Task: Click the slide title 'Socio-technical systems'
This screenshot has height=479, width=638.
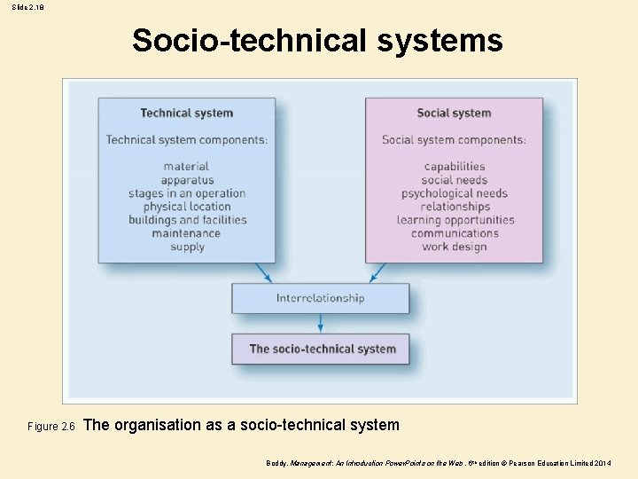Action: click(x=317, y=41)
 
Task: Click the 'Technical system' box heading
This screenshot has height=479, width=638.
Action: click(x=186, y=113)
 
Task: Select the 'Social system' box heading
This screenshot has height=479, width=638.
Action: click(x=454, y=113)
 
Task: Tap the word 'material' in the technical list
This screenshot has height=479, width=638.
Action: click(x=186, y=166)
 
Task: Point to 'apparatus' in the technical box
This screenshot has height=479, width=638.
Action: click(x=187, y=180)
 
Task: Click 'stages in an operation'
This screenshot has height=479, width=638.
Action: click(x=187, y=193)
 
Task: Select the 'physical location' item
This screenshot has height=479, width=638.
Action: click(x=187, y=207)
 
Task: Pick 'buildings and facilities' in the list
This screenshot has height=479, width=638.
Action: click(x=187, y=220)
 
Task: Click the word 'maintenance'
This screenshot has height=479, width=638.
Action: click(x=186, y=233)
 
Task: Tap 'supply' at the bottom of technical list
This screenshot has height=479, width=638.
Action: click(x=187, y=247)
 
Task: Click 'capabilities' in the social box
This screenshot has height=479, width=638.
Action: click(x=455, y=166)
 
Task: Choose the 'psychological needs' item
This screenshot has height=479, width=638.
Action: click(x=455, y=193)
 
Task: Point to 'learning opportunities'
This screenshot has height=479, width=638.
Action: click(x=455, y=220)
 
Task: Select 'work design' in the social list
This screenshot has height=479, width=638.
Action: click(x=455, y=247)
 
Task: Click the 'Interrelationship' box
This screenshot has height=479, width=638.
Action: click(x=320, y=298)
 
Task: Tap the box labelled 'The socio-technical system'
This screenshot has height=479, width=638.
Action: click(x=321, y=349)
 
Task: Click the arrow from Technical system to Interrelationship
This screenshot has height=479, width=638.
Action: click(x=263, y=272)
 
